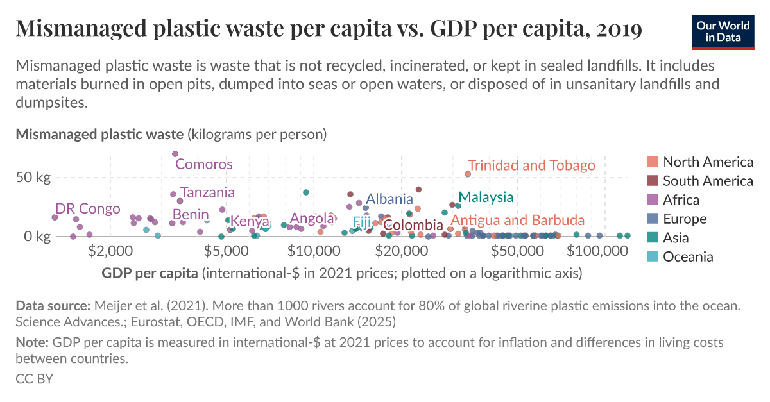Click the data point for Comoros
coord(175,154)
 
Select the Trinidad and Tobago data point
coord(468,174)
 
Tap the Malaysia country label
coord(486,197)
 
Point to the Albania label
coord(389,199)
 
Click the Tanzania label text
coord(207,192)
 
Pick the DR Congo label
coord(87,209)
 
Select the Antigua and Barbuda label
coord(517,220)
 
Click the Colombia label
coord(413,225)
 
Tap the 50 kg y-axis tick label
coord(33,178)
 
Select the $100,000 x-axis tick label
coord(588,250)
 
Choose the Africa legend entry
coord(681,200)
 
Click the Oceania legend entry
coord(688,257)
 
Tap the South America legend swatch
coord(653,181)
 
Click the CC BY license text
coord(34,379)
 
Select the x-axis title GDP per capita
coord(150,274)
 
